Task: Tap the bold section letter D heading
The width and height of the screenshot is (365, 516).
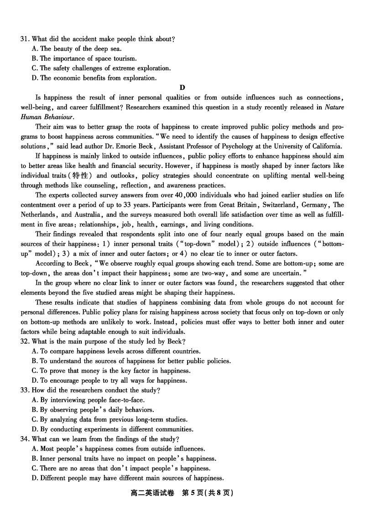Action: tap(182, 88)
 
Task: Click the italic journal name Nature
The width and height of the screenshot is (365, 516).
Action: tap(334, 107)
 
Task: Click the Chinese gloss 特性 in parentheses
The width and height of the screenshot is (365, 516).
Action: tap(82, 176)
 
